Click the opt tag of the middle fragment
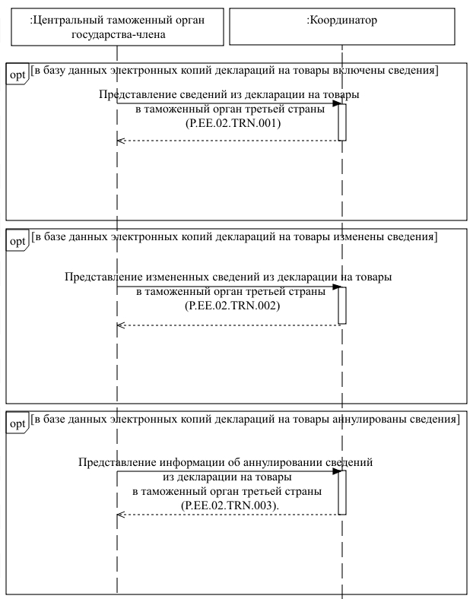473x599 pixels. coord(16,241)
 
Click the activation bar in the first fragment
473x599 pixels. coord(342,122)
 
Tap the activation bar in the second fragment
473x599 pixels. coord(342,305)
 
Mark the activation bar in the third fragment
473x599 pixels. coord(342,492)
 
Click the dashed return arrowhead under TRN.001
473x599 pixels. coord(120,141)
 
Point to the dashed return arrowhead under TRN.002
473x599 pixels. coord(120,325)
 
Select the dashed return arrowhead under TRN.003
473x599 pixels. coord(120,515)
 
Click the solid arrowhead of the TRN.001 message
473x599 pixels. coord(335,103)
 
